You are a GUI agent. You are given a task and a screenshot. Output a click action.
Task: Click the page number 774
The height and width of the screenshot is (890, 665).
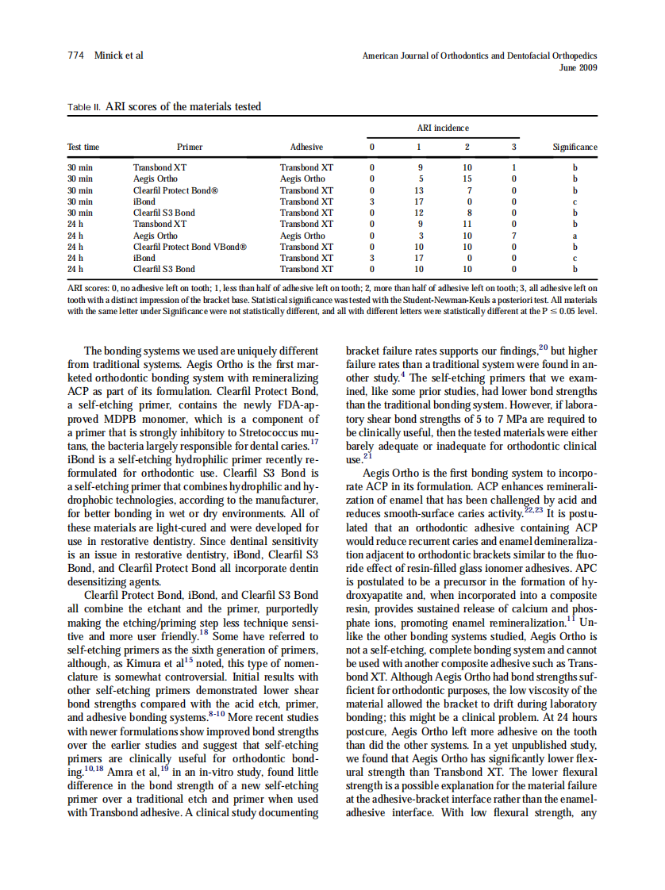coord(75,56)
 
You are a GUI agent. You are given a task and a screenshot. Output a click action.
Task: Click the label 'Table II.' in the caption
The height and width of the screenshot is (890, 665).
coord(83,107)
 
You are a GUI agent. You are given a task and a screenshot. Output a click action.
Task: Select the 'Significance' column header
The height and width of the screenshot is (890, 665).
coord(575,147)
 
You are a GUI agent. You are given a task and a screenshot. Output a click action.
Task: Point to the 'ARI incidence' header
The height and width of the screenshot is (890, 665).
coord(442,128)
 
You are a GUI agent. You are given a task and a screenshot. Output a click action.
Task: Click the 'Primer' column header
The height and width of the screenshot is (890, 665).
coord(190,147)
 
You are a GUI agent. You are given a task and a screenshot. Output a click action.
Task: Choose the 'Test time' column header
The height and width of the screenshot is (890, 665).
coord(83,147)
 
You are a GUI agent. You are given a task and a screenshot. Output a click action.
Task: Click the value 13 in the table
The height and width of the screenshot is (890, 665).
coord(419,190)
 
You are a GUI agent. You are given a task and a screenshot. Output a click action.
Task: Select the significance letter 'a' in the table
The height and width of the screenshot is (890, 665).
coord(575,236)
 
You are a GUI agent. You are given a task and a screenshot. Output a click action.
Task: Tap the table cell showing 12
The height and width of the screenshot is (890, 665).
coord(419,213)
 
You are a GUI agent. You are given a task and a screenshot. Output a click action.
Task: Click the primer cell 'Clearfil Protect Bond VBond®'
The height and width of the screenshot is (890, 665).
coord(190,247)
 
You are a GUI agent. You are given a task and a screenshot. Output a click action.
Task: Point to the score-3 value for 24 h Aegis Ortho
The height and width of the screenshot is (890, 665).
coord(514,236)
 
